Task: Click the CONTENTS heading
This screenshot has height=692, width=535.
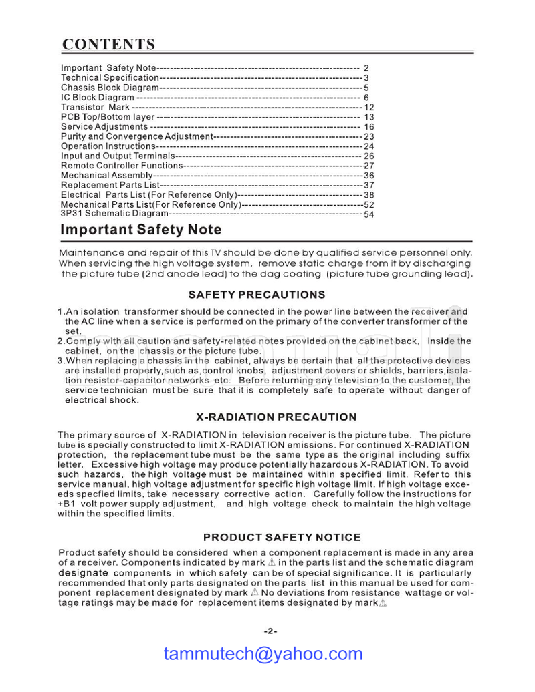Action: pyautogui.click(x=109, y=45)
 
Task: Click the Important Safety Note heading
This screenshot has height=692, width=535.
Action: pyautogui.click(x=141, y=230)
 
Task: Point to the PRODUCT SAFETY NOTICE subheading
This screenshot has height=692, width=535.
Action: pyautogui.click(x=282, y=537)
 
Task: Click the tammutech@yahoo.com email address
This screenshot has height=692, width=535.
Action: pyautogui.click(x=263, y=654)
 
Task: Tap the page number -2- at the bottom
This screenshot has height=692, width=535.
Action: pyautogui.click(x=270, y=631)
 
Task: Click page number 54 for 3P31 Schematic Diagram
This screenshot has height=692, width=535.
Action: pyautogui.click(x=368, y=214)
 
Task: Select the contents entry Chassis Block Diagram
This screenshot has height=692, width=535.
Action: pyautogui.click(x=110, y=88)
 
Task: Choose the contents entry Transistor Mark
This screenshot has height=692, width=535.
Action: pyautogui.click(x=95, y=107)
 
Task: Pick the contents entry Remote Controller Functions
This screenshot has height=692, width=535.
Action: pyautogui.click(x=121, y=166)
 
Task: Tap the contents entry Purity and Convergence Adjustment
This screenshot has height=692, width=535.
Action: pyautogui.click(x=136, y=136)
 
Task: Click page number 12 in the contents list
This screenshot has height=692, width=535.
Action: pyautogui.click(x=369, y=107)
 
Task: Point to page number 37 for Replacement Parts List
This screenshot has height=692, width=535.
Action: pyautogui.click(x=368, y=185)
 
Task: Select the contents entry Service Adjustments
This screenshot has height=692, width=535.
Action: pyautogui.click(x=104, y=127)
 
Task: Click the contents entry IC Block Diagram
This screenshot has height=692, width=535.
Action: pyautogui.click(x=98, y=98)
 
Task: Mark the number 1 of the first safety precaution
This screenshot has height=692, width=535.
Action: pyautogui.click(x=60, y=312)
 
